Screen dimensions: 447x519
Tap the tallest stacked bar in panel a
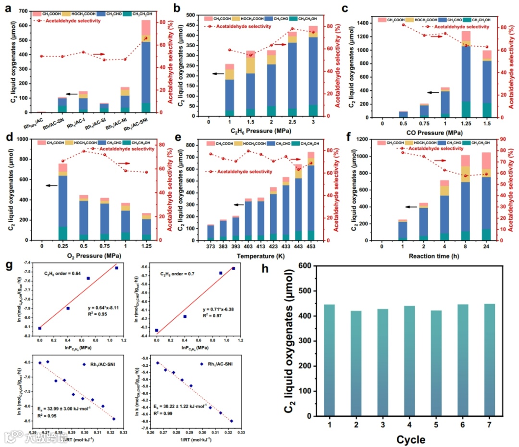click(x=146, y=67)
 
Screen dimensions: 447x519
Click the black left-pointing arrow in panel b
click(x=219, y=74)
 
